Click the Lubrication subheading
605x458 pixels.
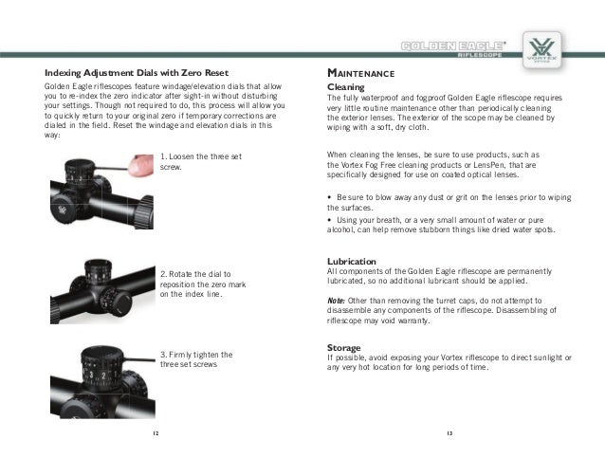[351, 261]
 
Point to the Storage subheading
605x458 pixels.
[343, 347]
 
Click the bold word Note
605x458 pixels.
[335, 299]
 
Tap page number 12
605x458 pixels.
[156, 432]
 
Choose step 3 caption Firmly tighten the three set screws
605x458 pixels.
[197, 359]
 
